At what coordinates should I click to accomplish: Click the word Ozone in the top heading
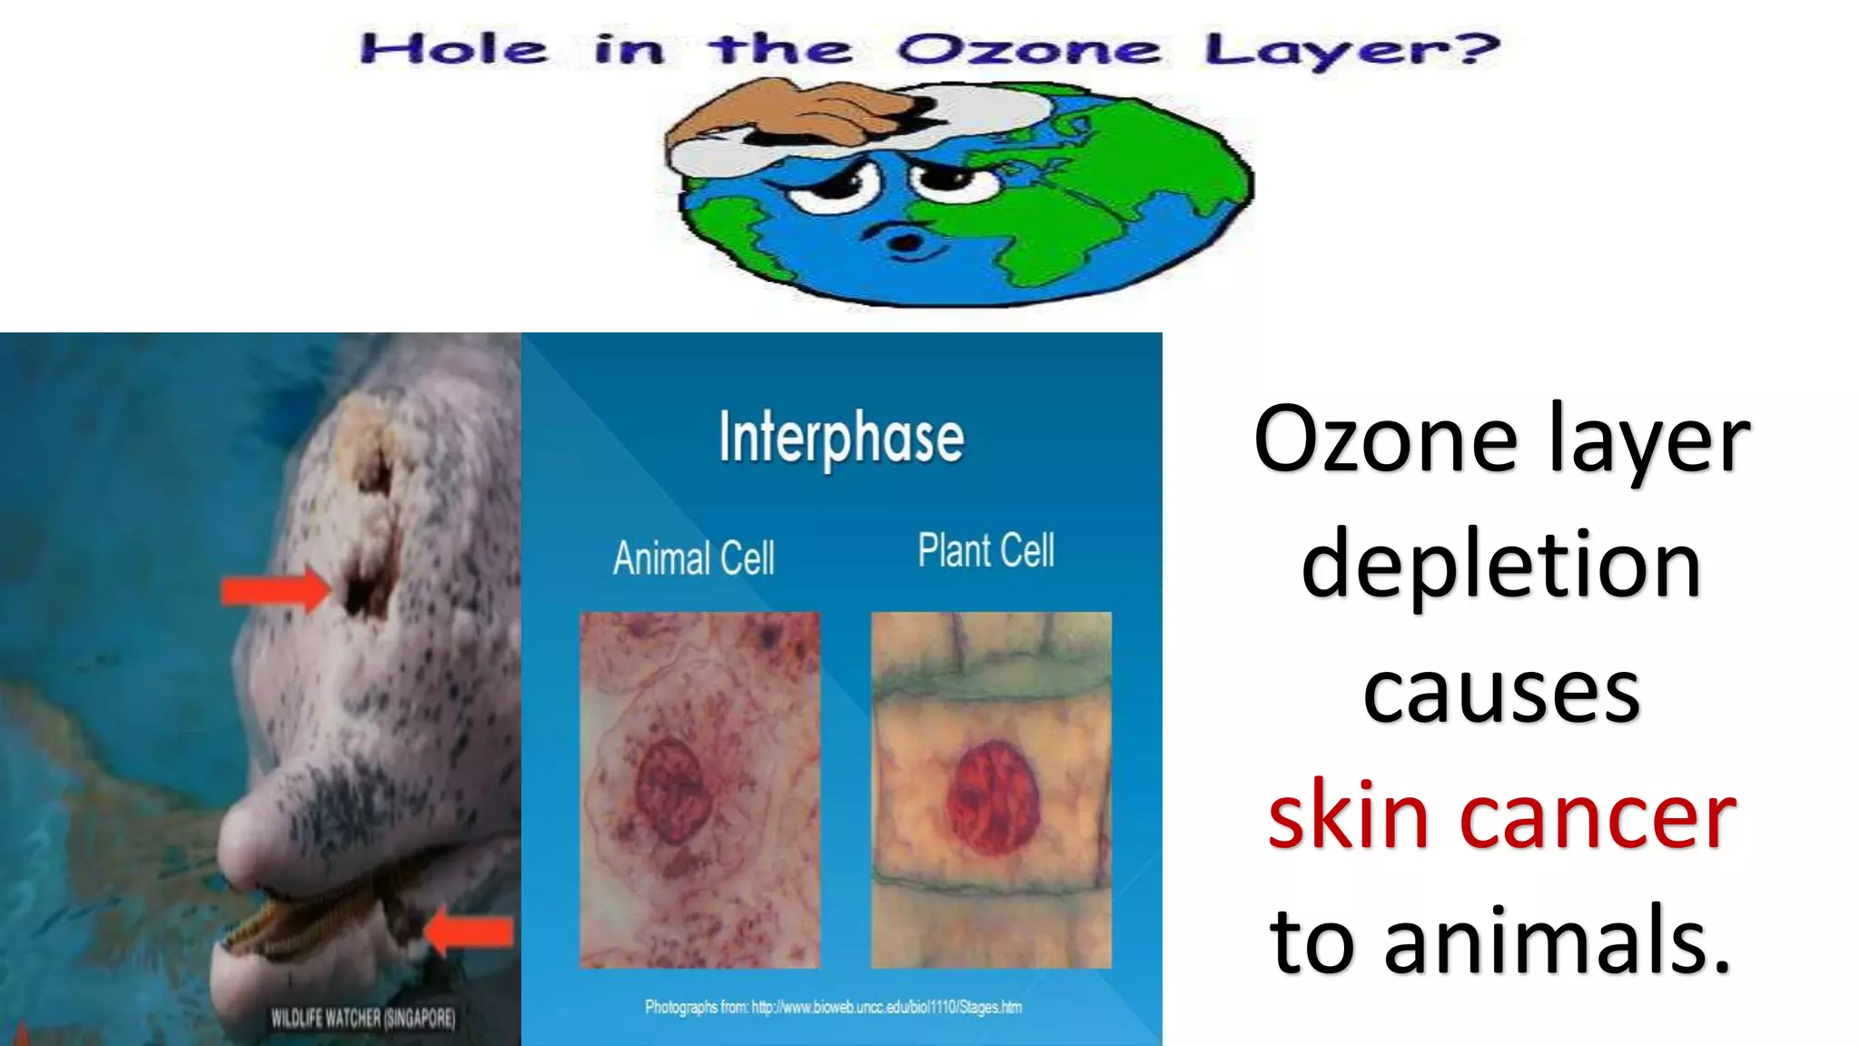[x=1029, y=50]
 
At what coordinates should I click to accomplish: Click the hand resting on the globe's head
[x=799, y=113]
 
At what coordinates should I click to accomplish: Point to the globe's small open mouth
[x=905, y=242]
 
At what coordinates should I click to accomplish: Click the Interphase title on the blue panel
[x=841, y=439]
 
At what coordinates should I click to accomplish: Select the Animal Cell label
[x=694, y=558]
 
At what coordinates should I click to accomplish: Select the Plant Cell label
[x=985, y=550]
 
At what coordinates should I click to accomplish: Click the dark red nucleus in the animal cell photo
[x=673, y=789]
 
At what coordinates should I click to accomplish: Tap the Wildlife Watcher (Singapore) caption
[x=363, y=1018]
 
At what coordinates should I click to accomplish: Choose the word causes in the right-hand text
[x=1501, y=693]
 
